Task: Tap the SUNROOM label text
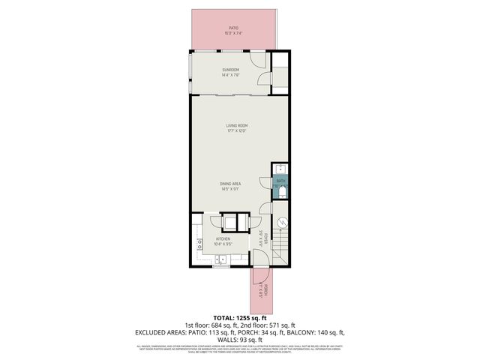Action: point(229,70)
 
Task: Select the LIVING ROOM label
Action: point(237,125)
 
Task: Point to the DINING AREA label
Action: point(230,184)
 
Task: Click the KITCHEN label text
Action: point(223,239)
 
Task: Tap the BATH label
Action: point(280,181)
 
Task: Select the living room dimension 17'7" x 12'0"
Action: point(237,131)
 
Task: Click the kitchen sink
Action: point(223,260)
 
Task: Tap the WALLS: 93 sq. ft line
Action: point(239,339)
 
